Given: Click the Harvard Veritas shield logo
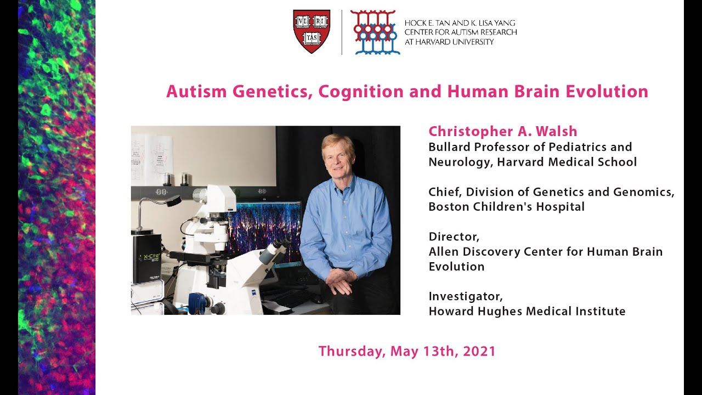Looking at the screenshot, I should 312,31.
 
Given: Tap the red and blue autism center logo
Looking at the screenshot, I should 375,32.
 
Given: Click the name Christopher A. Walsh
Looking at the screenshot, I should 503,132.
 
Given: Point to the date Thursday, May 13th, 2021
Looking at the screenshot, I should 407,351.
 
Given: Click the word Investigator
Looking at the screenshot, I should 466,297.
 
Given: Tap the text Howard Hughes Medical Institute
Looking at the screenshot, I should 526,312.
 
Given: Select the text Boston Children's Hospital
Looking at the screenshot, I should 506,207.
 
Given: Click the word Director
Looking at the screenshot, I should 454,237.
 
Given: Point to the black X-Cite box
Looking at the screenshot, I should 146,258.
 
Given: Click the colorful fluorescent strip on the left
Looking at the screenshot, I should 56,198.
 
